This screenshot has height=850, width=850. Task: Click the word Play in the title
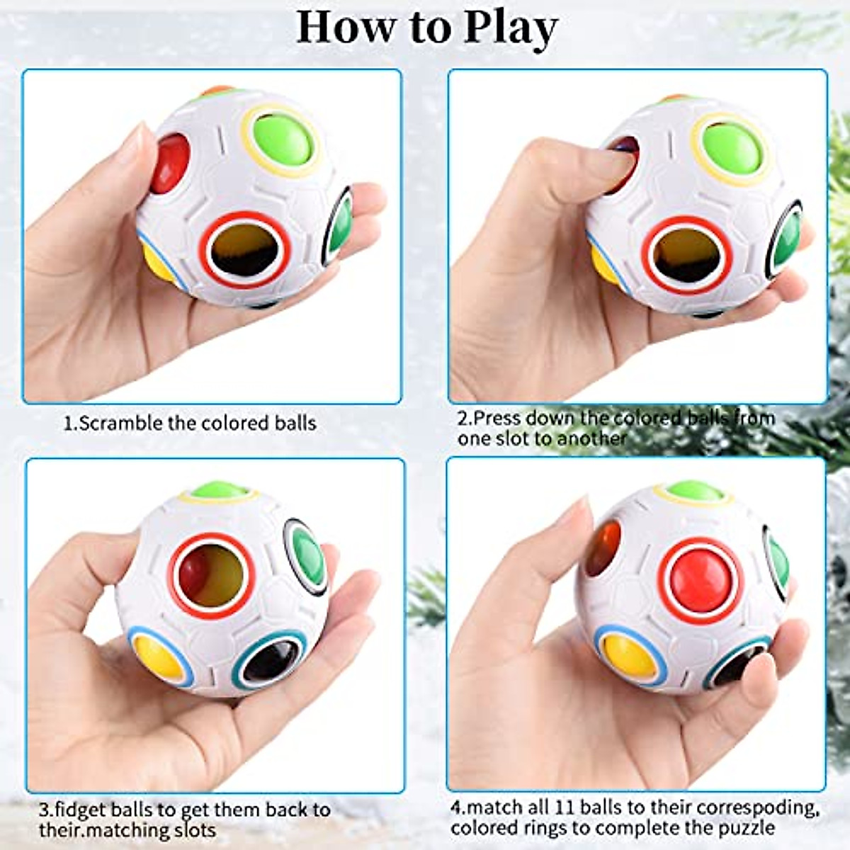coord(510,28)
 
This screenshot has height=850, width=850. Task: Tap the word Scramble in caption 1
coord(120,424)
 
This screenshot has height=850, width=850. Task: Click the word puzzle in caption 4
coord(747,827)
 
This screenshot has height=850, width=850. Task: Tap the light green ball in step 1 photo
coord(281,140)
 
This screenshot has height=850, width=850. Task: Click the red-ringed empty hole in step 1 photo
coord(245,249)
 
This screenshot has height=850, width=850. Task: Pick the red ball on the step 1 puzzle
coord(171,163)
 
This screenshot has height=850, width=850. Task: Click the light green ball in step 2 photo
coord(731,149)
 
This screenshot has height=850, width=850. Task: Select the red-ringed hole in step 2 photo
coord(687,255)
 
